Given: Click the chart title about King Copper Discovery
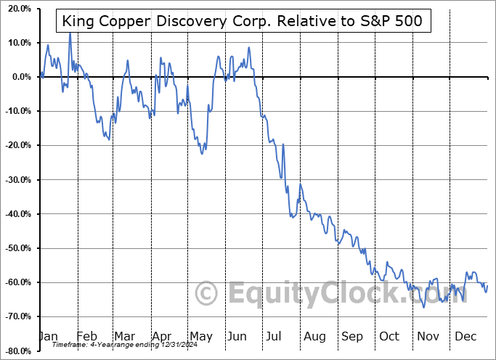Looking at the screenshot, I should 243,20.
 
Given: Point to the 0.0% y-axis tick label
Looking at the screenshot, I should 18,77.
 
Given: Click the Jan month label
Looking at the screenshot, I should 47,336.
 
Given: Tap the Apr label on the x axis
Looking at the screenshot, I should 161,336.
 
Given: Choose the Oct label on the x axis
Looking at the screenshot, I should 389,336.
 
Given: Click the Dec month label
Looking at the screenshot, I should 465,336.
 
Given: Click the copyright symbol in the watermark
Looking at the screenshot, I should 208,294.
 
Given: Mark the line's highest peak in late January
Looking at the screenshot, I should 70,33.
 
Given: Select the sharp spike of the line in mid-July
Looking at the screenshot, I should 282,144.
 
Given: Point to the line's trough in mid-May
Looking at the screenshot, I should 203,153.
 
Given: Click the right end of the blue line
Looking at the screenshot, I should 487,285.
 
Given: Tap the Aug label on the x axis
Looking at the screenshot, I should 314,336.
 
